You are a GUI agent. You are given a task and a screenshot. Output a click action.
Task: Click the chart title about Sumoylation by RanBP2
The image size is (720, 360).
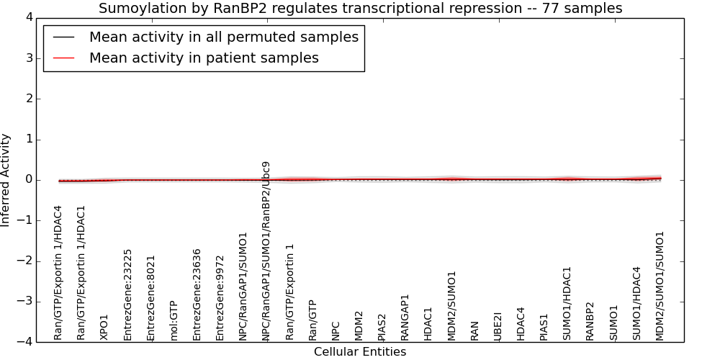point(361,8)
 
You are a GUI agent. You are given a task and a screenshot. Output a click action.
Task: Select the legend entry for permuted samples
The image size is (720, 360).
point(224,37)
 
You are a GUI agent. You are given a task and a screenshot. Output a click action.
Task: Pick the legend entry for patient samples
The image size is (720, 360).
point(204,58)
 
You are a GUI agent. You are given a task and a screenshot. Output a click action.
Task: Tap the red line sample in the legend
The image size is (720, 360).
point(64,58)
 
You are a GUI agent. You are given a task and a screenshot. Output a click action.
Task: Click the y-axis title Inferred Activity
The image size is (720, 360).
point(5,180)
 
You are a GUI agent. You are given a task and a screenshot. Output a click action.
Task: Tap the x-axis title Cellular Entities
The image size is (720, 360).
point(360,352)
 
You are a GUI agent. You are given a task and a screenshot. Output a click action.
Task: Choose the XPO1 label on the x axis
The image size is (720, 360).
point(104,327)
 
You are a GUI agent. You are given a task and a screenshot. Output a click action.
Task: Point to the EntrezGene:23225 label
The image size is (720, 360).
point(127,294)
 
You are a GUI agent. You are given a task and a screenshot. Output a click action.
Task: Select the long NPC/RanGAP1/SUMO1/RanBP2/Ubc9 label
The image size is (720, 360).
point(266,251)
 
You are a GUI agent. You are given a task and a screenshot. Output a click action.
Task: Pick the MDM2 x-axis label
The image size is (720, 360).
point(359,326)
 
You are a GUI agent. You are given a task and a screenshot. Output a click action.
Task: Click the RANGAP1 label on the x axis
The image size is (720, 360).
point(405,318)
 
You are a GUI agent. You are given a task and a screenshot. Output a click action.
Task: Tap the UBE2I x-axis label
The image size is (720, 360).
point(498,326)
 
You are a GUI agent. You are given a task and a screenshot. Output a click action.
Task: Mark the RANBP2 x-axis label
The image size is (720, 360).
point(590,321)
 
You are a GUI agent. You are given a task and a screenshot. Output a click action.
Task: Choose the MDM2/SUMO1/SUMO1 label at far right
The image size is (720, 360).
point(660,286)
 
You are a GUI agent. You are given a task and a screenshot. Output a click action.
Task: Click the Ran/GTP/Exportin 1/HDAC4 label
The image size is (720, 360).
point(58,273)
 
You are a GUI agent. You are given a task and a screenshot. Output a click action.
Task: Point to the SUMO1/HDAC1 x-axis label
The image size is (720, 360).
point(567,304)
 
